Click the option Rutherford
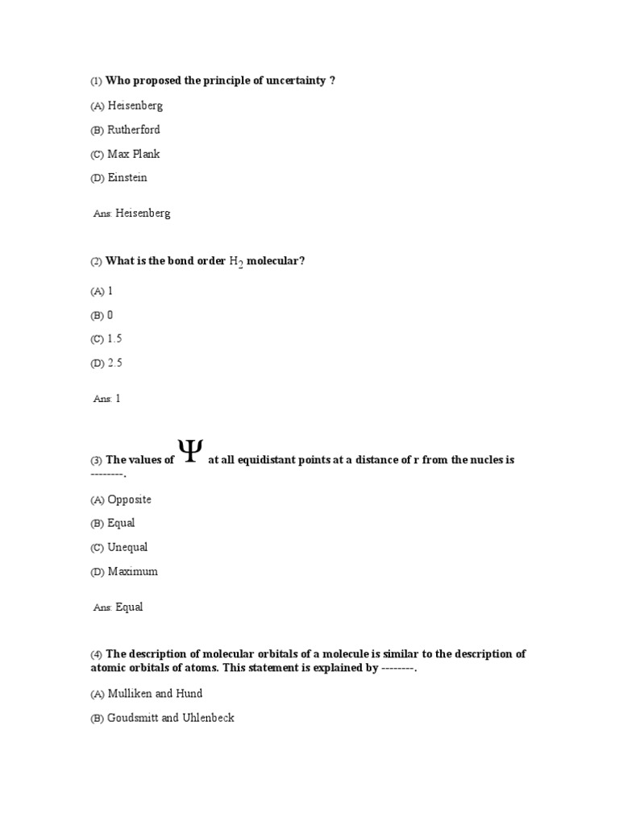[134, 130]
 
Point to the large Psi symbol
[190, 451]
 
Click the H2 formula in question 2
[237, 263]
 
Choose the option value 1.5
[114, 338]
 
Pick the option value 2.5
[114, 363]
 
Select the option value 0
[110, 315]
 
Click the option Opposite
[129, 500]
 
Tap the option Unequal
[128, 547]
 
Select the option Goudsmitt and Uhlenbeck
[171, 717]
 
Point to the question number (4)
[96, 655]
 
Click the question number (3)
[96, 461]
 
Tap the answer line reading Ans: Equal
[118, 607]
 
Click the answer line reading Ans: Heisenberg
[132, 214]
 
